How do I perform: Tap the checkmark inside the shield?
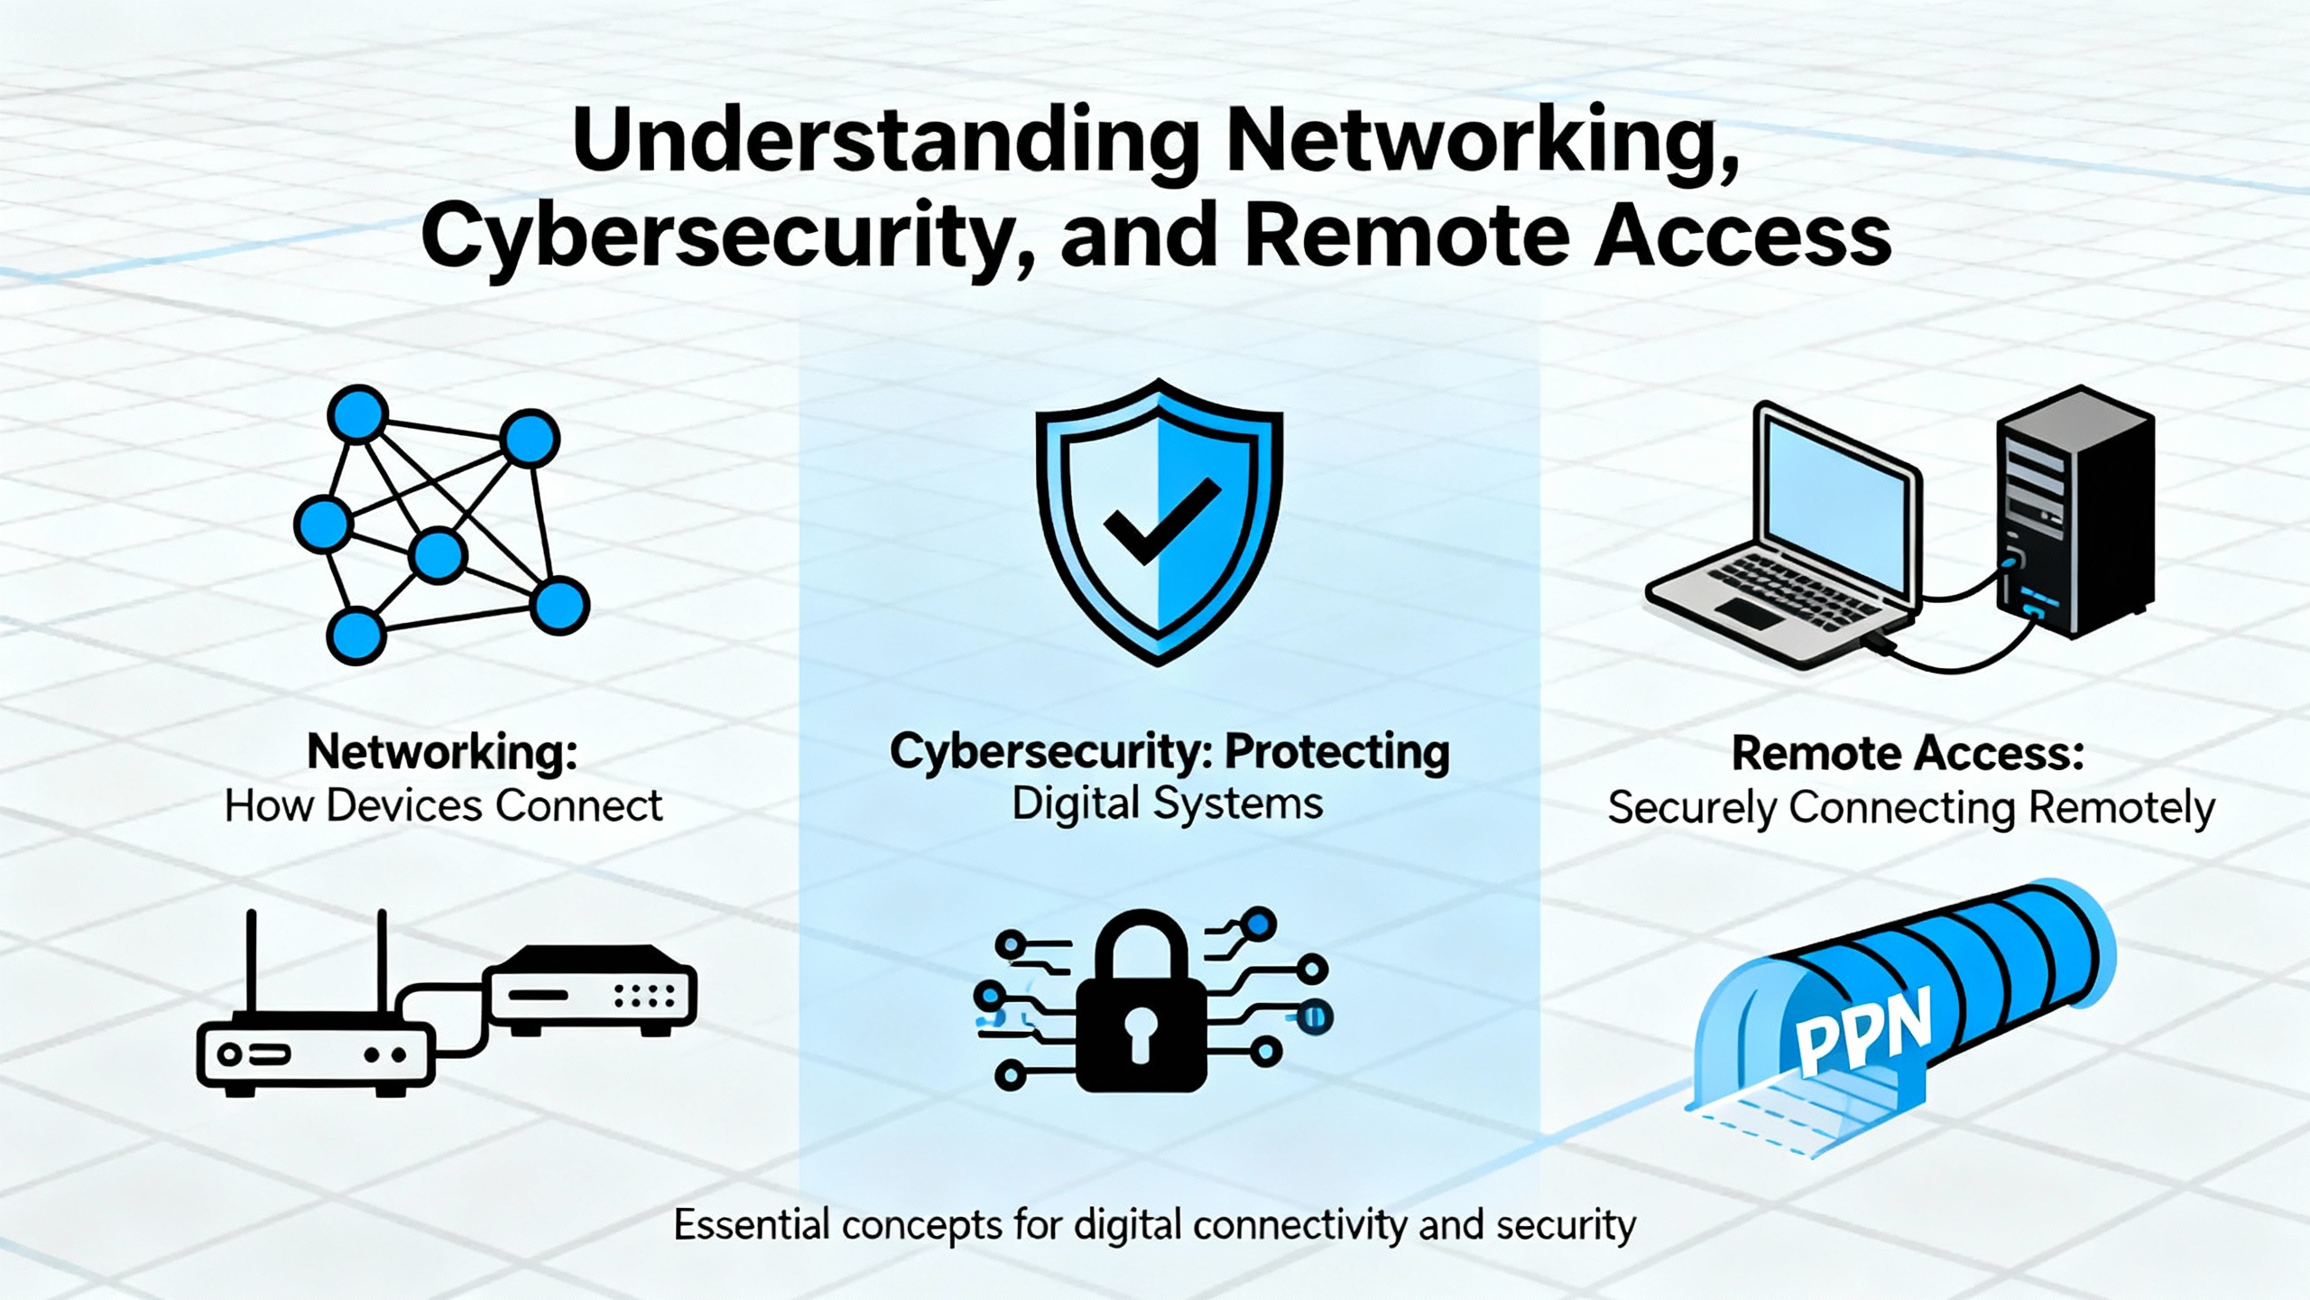coord(1162,520)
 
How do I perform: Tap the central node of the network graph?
coord(438,554)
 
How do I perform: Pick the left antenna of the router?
coord(251,961)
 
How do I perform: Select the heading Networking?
coord(442,752)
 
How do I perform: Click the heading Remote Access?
coord(1908,754)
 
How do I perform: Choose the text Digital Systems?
coord(1167,803)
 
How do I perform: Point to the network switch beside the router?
coord(591,991)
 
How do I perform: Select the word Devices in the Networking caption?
coord(404,806)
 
